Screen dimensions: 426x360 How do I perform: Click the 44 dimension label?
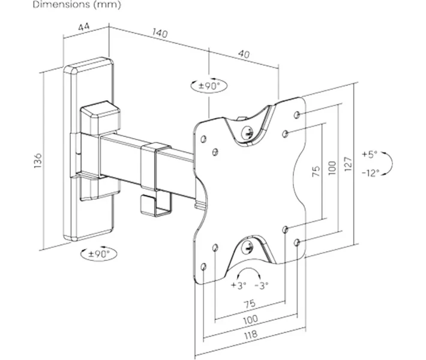pos(84,27)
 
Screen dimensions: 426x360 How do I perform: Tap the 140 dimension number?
pos(160,33)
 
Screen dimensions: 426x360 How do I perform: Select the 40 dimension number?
pos(244,55)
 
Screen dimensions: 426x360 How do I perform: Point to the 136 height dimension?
pos(38,161)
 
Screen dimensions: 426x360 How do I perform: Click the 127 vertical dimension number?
pos(348,164)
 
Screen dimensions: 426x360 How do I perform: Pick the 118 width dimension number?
pos(250,334)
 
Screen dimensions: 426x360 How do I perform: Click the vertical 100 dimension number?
pos(332,168)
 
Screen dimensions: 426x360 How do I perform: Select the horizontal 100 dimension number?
pos(250,319)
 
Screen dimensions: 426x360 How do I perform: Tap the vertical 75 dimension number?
pos(316,172)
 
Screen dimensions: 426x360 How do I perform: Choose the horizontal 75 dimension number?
pos(250,303)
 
